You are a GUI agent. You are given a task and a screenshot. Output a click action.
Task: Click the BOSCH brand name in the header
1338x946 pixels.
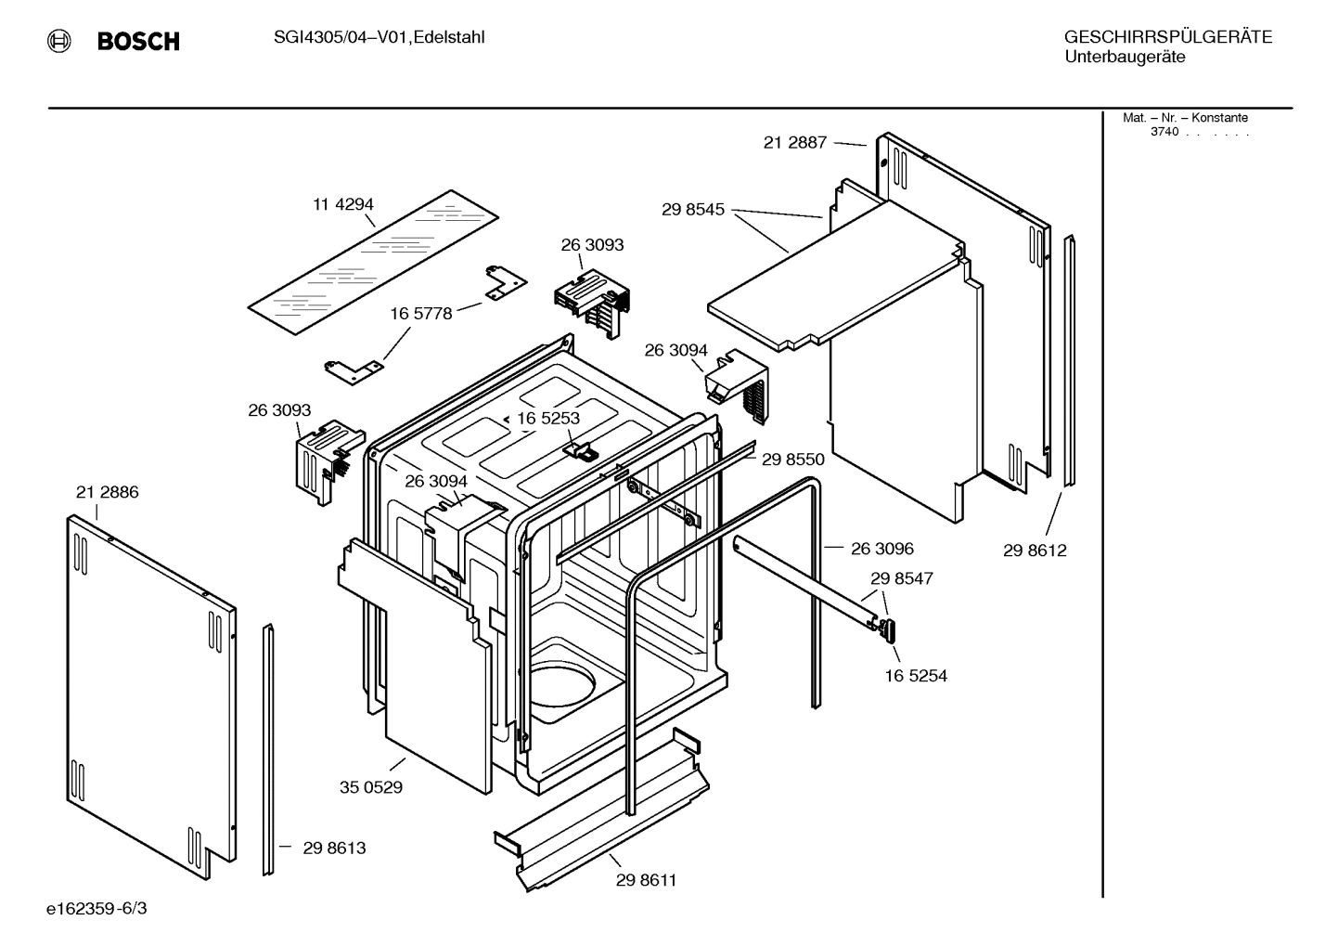(x=138, y=41)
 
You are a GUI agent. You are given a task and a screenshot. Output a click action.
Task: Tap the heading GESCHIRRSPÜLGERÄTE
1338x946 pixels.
(x=1167, y=37)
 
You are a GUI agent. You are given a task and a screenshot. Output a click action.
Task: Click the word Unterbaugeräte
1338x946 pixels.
(x=1124, y=57)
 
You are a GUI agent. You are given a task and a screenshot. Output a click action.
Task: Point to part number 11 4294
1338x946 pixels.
(x=342, y=204)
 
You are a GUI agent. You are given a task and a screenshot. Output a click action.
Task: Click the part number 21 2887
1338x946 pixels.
(x=794, y=142)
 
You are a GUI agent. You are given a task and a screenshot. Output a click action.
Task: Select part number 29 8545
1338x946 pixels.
(x=692, y=210)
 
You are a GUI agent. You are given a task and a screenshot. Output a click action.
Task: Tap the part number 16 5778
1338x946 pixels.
(x=420, y=314)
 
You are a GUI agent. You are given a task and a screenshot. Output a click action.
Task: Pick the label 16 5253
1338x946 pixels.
(x=547, y=418)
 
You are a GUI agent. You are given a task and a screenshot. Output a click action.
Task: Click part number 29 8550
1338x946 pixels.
(x=792, y=459)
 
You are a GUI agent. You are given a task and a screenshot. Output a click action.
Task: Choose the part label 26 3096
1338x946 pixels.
(x=881, y=549)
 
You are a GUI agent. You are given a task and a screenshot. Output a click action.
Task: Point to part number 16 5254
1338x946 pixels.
(x=915, y=676)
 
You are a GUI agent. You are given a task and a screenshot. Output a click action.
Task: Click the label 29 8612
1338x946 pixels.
(x=1035, y=550)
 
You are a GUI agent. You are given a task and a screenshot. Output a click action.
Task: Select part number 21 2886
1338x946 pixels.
(x=107, y=492)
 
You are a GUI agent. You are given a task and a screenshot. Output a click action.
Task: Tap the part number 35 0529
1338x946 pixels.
(x=370, y=787)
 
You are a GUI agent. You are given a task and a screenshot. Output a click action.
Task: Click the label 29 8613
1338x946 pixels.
(x=333, y=848)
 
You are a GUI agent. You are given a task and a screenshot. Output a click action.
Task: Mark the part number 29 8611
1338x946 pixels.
(x=646, y=880)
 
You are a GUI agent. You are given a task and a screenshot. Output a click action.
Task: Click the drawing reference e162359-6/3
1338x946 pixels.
(x=96, y=908)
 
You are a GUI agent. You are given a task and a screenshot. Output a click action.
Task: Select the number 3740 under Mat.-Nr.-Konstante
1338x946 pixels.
(x=1164, y=132)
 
